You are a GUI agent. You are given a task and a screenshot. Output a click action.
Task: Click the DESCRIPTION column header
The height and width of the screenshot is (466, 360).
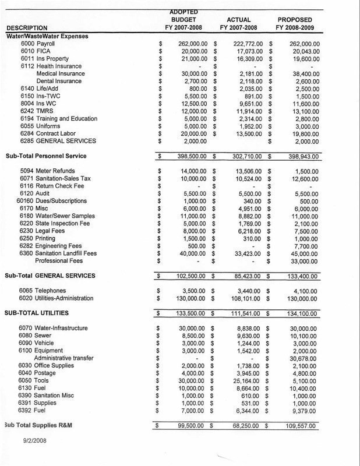pyautogui.click(x=27, y=28)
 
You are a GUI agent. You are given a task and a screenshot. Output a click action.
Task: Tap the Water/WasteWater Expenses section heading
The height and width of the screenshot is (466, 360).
pyautogui.click(x=47, y=36)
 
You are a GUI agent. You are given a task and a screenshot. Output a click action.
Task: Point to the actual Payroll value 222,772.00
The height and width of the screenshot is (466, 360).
pyautogui.click(x=244, y=44)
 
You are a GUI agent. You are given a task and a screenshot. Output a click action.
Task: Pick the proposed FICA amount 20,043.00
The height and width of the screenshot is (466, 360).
pyautogui.click(x=304, y=51)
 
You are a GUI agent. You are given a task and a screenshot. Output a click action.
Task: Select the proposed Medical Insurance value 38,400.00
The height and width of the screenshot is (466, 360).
pyautogui.click(x=304, y=74)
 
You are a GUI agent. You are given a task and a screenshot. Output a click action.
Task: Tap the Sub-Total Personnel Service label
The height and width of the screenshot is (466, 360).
pyautogui.click(x=45, y=156)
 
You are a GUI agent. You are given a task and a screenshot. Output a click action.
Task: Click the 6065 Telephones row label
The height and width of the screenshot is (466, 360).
pyautogui.click(x=43, y=291)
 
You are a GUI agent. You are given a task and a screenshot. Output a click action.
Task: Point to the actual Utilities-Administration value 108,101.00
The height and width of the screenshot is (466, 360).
pyautogui.click(x=244, y=298)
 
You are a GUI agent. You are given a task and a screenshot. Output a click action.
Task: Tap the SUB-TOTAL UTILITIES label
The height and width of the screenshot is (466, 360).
pyautogui.click(x=41, y=313)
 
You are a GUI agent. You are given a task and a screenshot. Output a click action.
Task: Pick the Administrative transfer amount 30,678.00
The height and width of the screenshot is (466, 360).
pyautogui.click(x=304, y=358)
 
